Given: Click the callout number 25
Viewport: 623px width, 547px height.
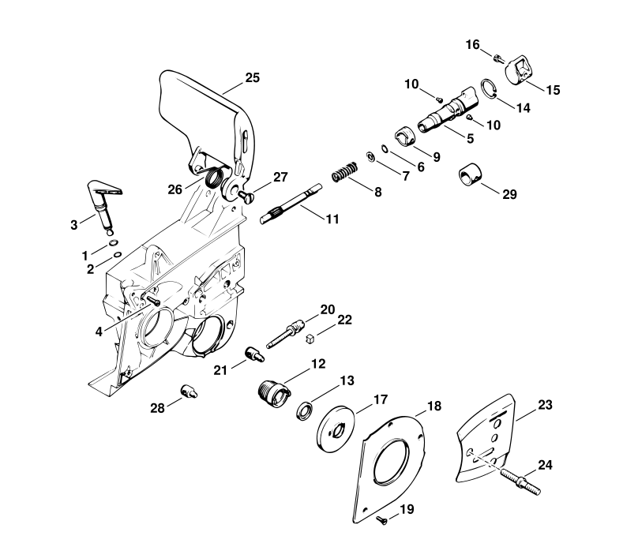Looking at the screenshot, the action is (253, 77).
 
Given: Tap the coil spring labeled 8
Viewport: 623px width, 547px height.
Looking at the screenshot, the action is (344, 171).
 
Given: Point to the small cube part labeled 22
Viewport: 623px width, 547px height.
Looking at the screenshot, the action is (310, 339).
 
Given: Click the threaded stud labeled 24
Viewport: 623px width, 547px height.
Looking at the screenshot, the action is (520, 481).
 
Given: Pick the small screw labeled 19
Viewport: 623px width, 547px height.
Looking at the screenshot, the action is (381, 519).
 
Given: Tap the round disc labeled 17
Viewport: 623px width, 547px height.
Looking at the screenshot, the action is (336, 429).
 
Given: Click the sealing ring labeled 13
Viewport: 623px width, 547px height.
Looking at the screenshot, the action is (305, 410).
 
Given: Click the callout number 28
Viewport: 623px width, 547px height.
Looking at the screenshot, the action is (157, 408).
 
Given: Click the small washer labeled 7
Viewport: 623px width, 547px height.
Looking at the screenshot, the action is (370, 156).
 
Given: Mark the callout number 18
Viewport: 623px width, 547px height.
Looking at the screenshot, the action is (433, 406).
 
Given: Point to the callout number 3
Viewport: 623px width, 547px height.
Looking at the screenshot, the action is (74, 225).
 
